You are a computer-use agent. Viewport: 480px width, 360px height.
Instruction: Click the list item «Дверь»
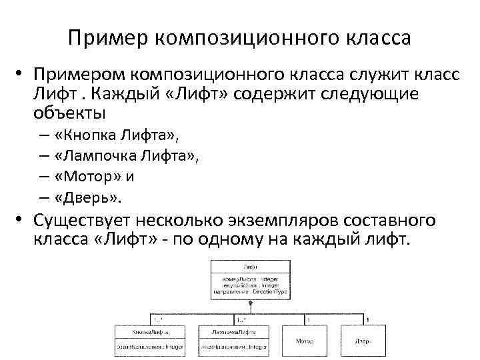(89, 198)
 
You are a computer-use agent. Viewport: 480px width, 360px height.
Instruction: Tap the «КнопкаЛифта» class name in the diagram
(149, 331)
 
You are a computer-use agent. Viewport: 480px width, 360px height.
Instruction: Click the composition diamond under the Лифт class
(251, 304)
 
